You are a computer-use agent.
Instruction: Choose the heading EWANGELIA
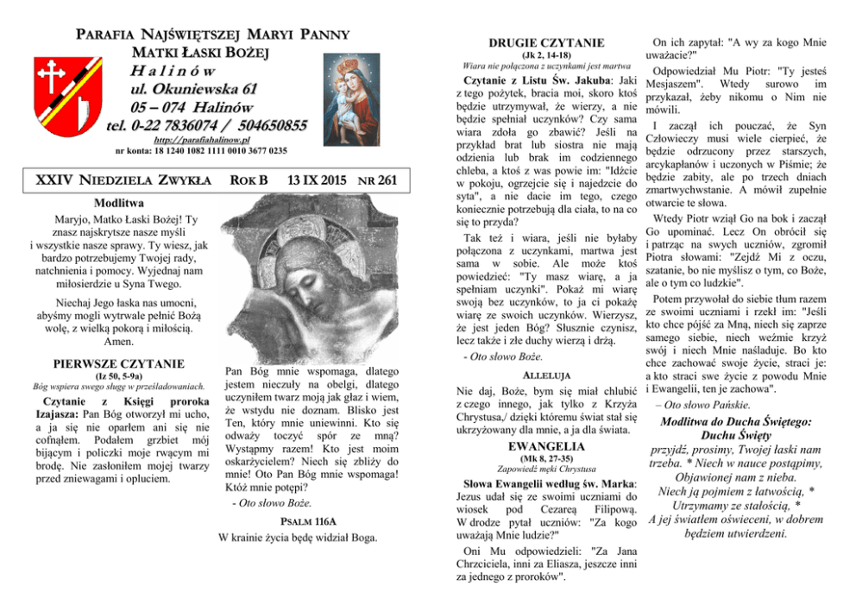[546, 445]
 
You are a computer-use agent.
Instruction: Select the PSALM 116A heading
[298, 521]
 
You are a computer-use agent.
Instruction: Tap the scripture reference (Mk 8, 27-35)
[546, 458]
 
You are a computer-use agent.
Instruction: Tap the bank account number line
[201, 151]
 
